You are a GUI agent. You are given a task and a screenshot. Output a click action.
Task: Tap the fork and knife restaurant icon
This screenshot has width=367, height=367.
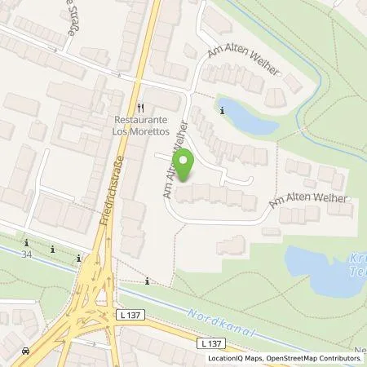pos(141,107)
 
